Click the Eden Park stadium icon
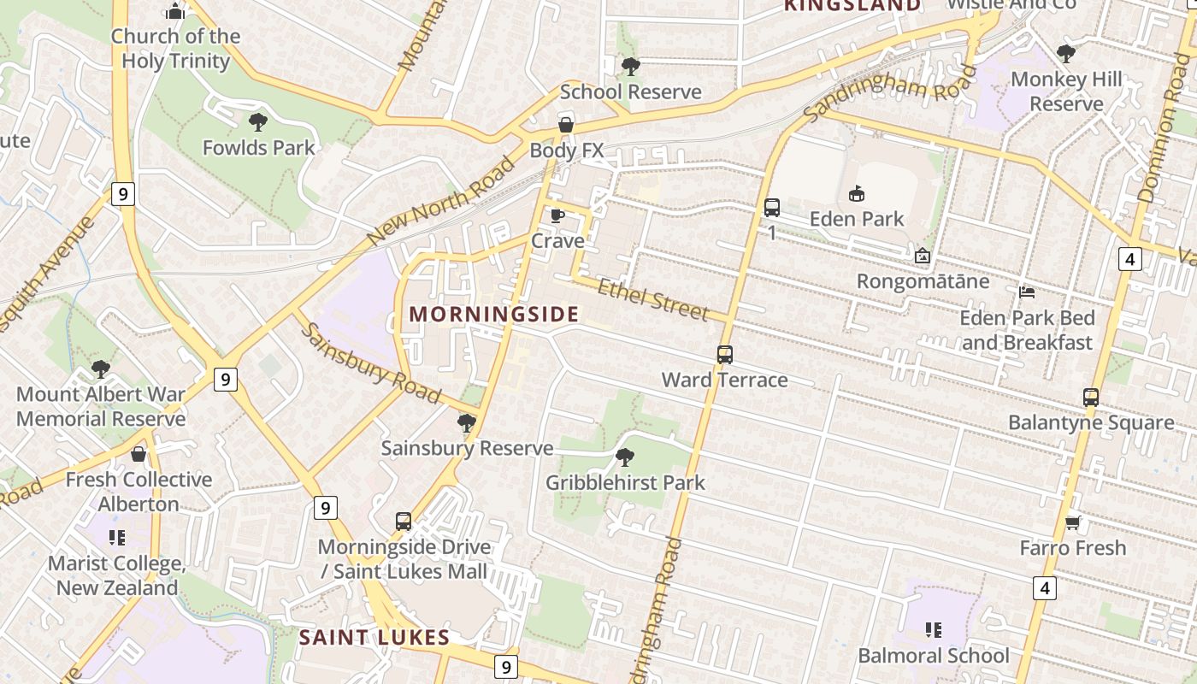[856, 194]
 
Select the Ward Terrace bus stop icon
[724, 354]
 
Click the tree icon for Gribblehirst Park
[625, 457]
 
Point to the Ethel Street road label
[652, 300]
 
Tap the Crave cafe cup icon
[557, 215]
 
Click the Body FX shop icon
[565, 126]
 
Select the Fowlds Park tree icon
[257, 122]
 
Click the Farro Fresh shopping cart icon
[1072, 522]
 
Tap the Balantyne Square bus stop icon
[1090, 397]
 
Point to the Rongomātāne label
[923, 281]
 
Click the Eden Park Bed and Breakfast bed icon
[1027, 292]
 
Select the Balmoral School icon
[933, 630]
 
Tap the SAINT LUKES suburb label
[374, 637]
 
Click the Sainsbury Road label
[370, 363]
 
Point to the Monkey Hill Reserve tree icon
[1065, 54]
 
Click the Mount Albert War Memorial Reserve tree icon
[100, 369]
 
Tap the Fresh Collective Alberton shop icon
[138, 454]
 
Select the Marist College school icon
[116, 538]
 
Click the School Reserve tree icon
[630, 66]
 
